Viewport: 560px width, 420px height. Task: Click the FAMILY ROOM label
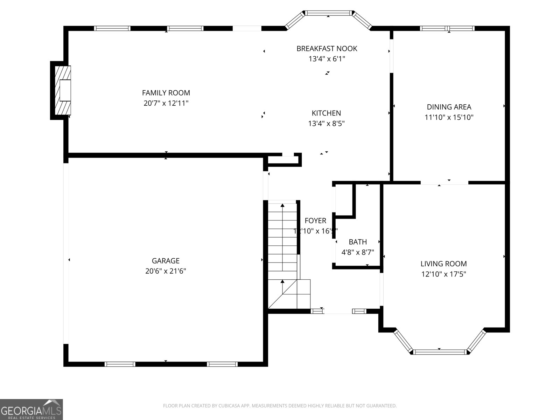(166, 93)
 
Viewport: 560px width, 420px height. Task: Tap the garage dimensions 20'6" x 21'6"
(166, 271)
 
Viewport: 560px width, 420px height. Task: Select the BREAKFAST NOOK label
(327, 49)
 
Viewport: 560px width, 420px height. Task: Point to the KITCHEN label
(326, 113)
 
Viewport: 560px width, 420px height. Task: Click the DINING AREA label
(449, 107)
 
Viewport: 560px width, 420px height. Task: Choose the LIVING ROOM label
(443, 264)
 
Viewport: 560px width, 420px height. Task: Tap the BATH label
(358, 242)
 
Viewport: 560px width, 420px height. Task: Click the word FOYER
(315, 220)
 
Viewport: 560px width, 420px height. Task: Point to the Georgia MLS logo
(31, 409)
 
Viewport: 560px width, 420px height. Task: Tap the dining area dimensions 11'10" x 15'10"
(449, 117)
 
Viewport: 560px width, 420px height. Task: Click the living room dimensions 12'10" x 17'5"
(443, 274)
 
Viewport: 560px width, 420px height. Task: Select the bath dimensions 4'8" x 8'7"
(358, 252)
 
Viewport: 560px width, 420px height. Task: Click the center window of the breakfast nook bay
(328, 13)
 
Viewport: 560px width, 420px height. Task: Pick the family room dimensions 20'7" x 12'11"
(166, 103)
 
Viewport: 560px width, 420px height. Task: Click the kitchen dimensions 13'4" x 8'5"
(326, 124)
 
